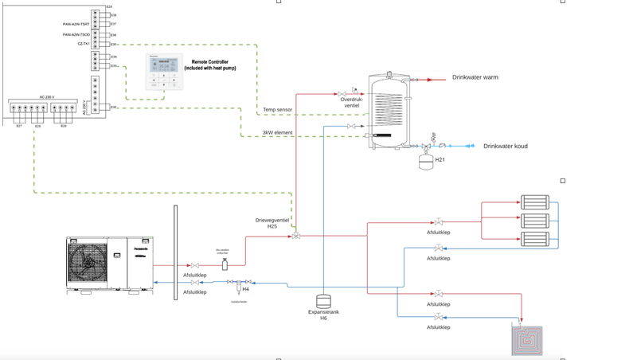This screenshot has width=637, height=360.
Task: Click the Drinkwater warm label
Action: (x=475, y=77)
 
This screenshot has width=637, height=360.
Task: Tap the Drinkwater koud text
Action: (x=505, y=147)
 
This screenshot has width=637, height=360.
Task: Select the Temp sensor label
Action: (x=278, y=109)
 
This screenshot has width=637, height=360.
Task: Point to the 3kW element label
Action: (x=277, y=132)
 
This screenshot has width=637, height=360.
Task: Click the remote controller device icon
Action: (x=164, y=72)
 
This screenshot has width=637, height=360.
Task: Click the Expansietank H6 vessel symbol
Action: (x=323, y=302)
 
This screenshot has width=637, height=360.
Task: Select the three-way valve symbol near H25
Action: (x=296, y=236)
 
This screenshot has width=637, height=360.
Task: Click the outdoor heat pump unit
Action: (x=109, y=263)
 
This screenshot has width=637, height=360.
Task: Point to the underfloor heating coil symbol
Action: (x=526, y=340)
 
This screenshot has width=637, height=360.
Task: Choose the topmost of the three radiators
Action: (x=534, y=202)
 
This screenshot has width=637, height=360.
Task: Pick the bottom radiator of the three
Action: (x=534, y=238)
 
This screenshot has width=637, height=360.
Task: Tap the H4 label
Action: (x=246, y=290)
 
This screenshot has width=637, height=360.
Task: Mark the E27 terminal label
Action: (x=19, y=127)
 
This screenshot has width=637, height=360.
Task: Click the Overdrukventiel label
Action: (x=351, y=103)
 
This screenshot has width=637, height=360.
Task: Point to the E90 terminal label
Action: (x=114, y=107)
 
